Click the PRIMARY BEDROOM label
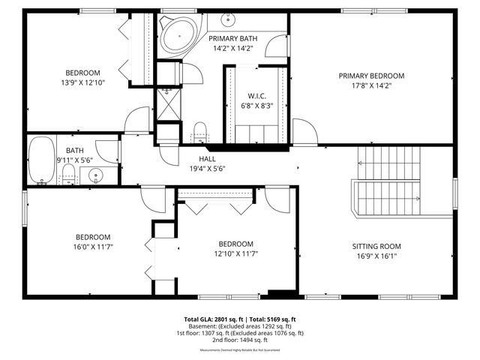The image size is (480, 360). (371, 76)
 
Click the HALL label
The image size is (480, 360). (207, 159)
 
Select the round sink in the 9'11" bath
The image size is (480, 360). (95, 176)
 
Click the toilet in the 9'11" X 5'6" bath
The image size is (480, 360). (68, 176)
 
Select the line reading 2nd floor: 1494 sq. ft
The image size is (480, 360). (240, 340)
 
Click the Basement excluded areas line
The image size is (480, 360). (240, 325)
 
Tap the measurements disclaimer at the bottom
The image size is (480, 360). (240, 350)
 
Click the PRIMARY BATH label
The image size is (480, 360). (232, 39)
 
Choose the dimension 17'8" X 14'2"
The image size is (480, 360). (371, 85)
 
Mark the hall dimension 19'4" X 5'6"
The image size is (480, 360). (207, 169)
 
